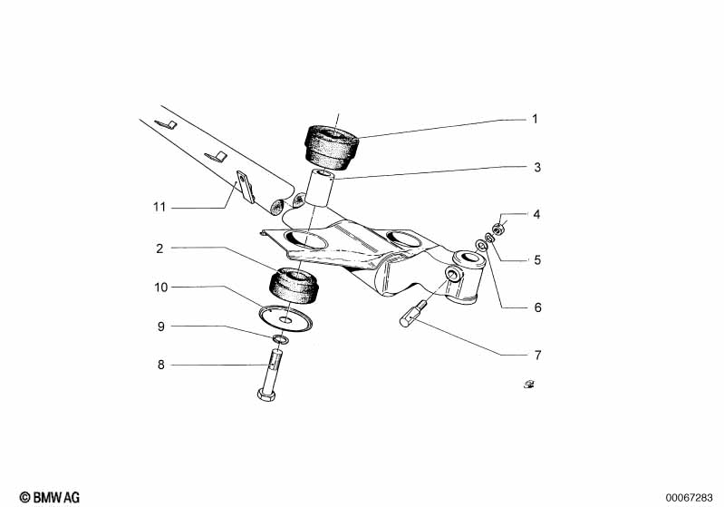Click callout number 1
coord(535,119)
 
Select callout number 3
coord(537,167)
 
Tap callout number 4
coord(536,214)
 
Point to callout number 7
coord(537,355)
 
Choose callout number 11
coord(159,207)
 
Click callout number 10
coord(160,288)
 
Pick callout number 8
coord(160,366)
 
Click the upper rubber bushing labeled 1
coord(331,148)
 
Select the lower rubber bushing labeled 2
coord(294,287)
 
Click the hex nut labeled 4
coord(497,229)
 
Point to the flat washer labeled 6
coord(480,244)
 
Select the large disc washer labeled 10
coord(285,319)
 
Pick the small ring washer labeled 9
coord(280,340)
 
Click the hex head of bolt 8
coord(266,395)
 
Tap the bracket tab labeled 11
coord(246,186)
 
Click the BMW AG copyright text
coord(50,497)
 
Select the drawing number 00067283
coord(689,498)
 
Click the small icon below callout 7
coord(529,384)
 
